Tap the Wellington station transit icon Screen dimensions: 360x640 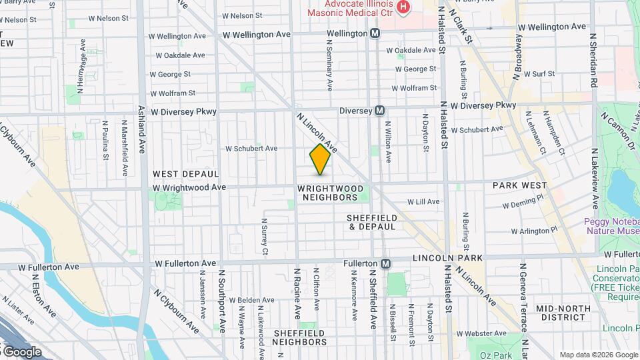point(375,33)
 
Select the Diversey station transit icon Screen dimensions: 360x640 point(379,111)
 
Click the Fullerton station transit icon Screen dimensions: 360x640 point(385,264)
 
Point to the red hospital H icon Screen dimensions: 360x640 point(403,7)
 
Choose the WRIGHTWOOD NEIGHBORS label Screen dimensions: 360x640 point(327,193)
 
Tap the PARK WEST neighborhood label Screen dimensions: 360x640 point(519,185)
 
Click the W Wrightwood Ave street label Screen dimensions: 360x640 point(189,188)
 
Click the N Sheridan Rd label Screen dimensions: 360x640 point(592,60)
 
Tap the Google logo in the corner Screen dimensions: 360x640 point(21,351)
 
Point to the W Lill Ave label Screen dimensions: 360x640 point(423,201)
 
